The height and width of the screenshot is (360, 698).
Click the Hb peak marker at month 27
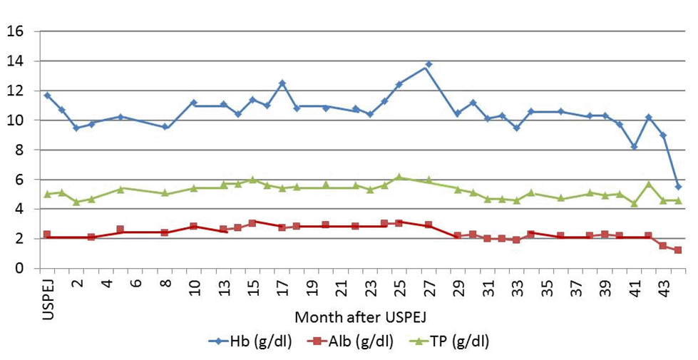(428, 65)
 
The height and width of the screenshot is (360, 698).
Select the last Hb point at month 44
(678, 186)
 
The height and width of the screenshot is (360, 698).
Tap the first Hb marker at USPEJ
(47, 95)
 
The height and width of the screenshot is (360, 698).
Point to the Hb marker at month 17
(282, 83)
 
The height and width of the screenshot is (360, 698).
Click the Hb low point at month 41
(634, 146)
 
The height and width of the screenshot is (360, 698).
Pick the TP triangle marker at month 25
(399, 177)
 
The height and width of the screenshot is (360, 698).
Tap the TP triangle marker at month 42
(649, 184)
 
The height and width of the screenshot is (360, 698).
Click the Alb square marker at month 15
(252, 223)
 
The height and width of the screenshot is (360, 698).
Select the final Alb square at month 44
(678, 250)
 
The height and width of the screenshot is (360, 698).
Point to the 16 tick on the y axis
(16, 32)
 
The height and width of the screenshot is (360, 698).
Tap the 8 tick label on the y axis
(19, 150)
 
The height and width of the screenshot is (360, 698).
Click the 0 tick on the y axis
(19, 269)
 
